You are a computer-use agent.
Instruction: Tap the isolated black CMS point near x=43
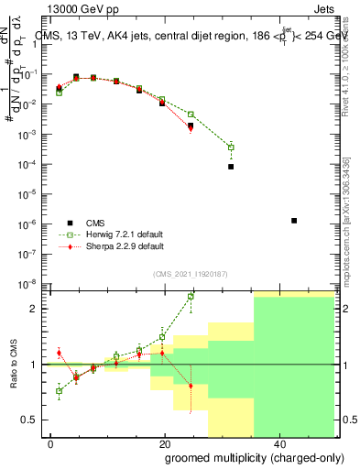tap(293, 221)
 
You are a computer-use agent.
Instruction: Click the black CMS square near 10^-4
tap(231, 167)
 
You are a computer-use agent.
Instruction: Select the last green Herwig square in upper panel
tap(231, 147)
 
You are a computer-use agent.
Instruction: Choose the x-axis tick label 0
tap(51, 444)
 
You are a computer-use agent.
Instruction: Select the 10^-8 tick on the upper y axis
tap(30, 283)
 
